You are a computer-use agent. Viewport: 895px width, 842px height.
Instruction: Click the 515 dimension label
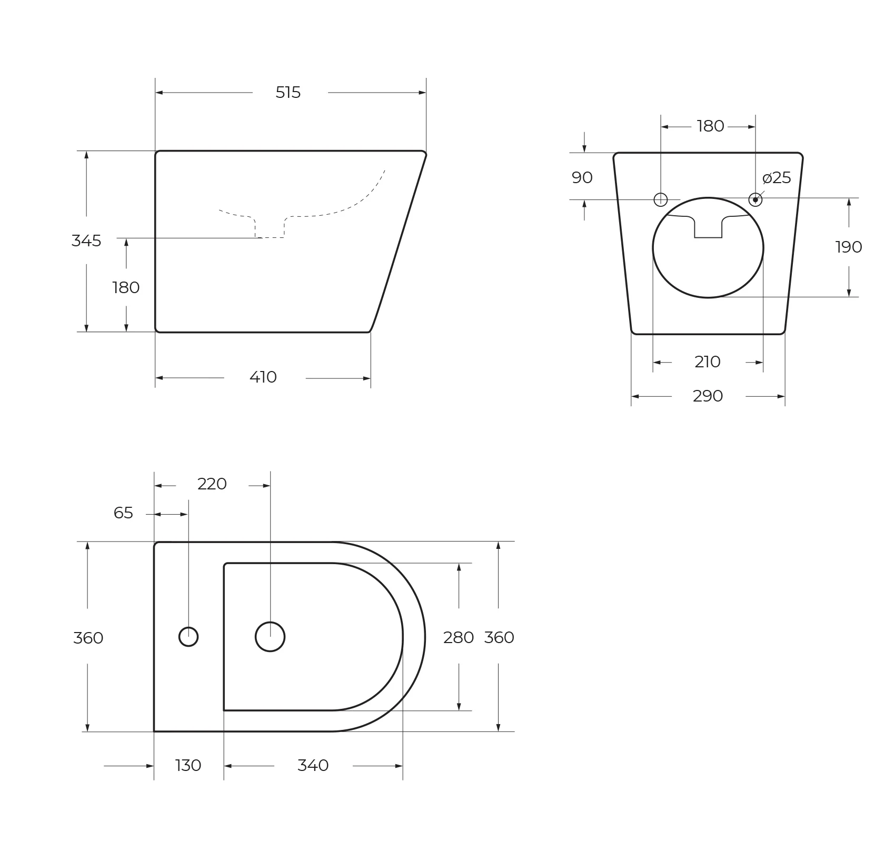tap(288, 93)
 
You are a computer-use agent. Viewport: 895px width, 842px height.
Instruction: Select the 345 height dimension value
tap(86, 241)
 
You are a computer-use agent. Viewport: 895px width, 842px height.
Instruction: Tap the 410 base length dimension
tap(263, 377)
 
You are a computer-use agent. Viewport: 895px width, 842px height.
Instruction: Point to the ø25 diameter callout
tap(777, 178)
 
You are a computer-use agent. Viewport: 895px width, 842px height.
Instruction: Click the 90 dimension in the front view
tap(582, 178)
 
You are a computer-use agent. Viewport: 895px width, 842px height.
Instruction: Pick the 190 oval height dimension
tap(849, 247)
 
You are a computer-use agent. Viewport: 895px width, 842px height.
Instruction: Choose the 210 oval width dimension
tap(708, 362)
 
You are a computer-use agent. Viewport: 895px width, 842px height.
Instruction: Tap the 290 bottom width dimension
tap(708, 396)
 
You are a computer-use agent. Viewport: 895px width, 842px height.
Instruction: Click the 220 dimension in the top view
tap(212, 484)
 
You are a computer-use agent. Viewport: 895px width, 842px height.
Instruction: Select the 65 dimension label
tap(124, 513)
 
